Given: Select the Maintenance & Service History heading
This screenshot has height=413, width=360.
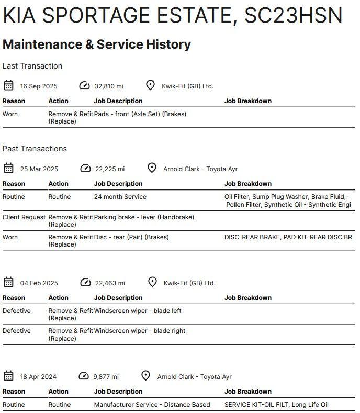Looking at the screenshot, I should (97, 44).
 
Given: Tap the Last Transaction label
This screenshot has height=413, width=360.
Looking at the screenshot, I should (32, 66).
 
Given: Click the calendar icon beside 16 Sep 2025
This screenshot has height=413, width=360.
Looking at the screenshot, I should (8, 85).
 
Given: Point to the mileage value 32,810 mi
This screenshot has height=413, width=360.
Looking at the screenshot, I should (109, 86).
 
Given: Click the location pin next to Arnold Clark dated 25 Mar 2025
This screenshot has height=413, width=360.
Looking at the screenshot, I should (152, 168).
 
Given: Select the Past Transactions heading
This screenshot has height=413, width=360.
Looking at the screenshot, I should (35, 149).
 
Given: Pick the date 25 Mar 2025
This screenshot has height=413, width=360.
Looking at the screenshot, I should (39, 169).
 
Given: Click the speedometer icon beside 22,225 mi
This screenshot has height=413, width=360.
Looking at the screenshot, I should (85, 168).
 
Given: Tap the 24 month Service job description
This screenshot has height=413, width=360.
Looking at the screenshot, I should (120, 197).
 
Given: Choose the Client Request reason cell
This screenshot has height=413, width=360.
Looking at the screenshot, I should (24, 217).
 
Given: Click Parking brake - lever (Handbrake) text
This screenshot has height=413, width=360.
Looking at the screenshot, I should (144, 217).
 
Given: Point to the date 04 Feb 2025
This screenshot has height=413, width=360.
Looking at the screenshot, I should (39, 283).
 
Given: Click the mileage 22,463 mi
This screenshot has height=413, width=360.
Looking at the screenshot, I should (110, 283).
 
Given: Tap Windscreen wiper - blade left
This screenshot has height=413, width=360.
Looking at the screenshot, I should (138, 311).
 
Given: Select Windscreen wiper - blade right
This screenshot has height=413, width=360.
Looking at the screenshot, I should (140, 331).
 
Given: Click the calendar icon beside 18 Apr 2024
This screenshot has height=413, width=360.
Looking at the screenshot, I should (8, 376).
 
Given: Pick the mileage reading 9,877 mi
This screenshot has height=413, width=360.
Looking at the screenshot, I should (106, 377).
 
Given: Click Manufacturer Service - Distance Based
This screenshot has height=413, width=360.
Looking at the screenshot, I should (152, 405).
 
